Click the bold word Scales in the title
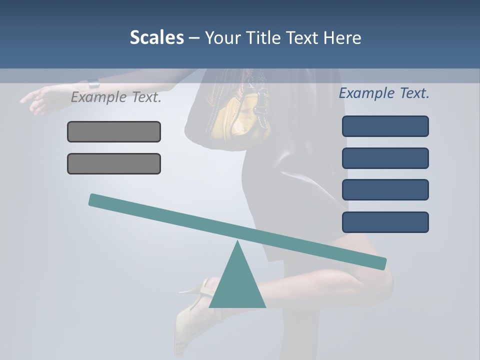click(156, 37)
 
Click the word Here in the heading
click(342, 37)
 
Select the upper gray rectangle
click(114, 131)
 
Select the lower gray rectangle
click(114, 163)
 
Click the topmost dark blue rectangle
click(385, 126)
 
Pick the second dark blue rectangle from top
click(385, 158)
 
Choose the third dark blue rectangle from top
click(385, 189)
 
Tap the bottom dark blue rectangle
click(385, 222)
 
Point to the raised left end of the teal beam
click(95, 199)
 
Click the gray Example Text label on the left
click(116, 97)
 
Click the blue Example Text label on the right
click(384, 93)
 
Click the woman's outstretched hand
click(37, 99)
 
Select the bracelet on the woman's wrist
click(93, 84)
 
